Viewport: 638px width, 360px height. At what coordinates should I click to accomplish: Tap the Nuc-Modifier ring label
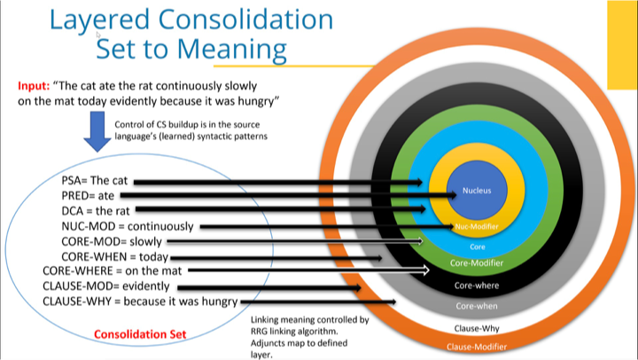tap(476, 227)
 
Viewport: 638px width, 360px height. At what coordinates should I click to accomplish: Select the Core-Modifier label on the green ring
tap(477, 263)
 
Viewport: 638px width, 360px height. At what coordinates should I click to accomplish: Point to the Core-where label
tap(476, 286)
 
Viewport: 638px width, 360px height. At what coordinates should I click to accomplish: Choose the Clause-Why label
tap(477, 328)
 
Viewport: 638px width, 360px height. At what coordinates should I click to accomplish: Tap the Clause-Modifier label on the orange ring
tap(477, 346)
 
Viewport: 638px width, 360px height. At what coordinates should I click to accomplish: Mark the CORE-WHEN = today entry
tap(114, 256)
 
